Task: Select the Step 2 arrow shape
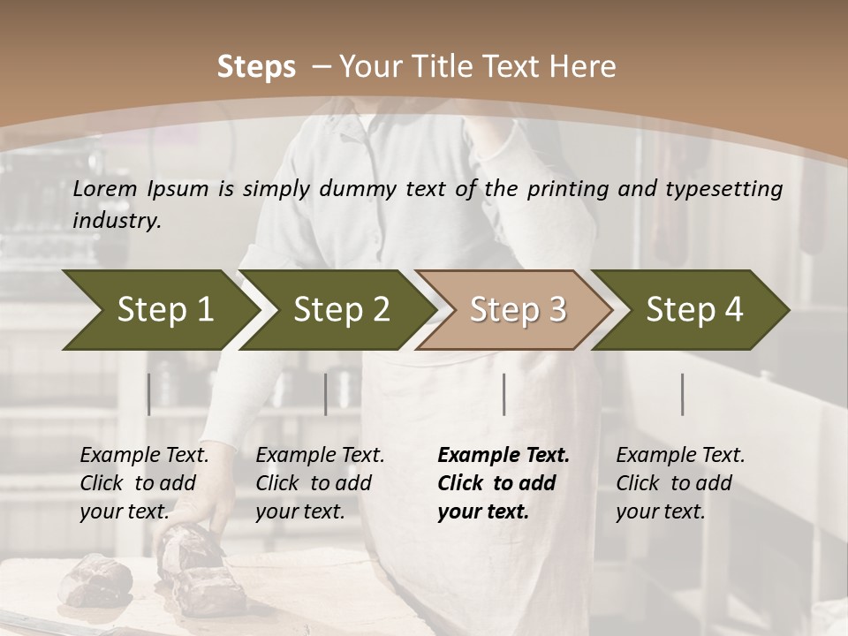click(339, 310)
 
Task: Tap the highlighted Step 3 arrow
click(516, 310)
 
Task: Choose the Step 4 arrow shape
click(693, 310)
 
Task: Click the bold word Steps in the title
click(256, 67)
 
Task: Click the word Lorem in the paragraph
click(104, 188)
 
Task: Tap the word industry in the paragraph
click(117, 220)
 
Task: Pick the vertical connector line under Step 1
click(149, 394)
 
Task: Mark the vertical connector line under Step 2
click(326, 394)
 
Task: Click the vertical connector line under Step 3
click(504, 394)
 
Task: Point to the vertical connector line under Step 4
click(683, 394)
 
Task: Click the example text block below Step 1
click(144, 483)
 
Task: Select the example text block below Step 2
click(320, 483)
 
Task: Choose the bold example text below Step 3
click(503, 483)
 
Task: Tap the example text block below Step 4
click(680, 483)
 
